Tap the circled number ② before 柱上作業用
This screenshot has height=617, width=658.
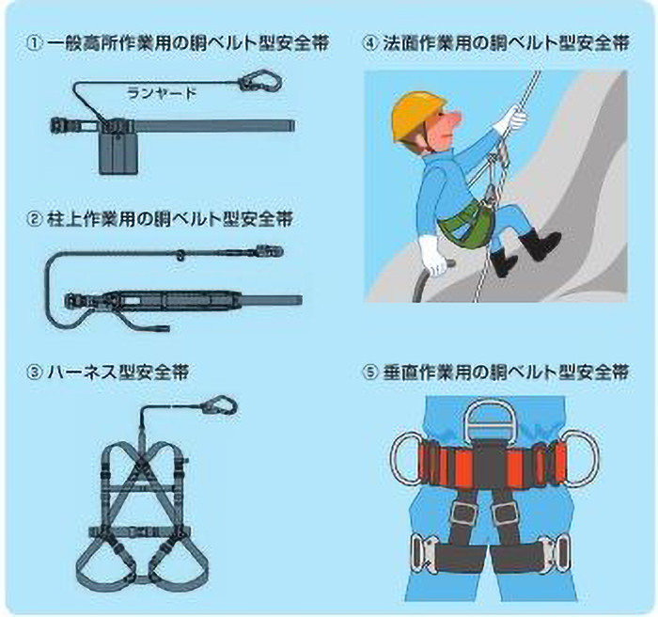pos(33,220)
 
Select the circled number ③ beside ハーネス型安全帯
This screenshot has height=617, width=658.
pos(33,371)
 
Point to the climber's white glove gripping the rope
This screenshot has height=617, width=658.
pos(512,119)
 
